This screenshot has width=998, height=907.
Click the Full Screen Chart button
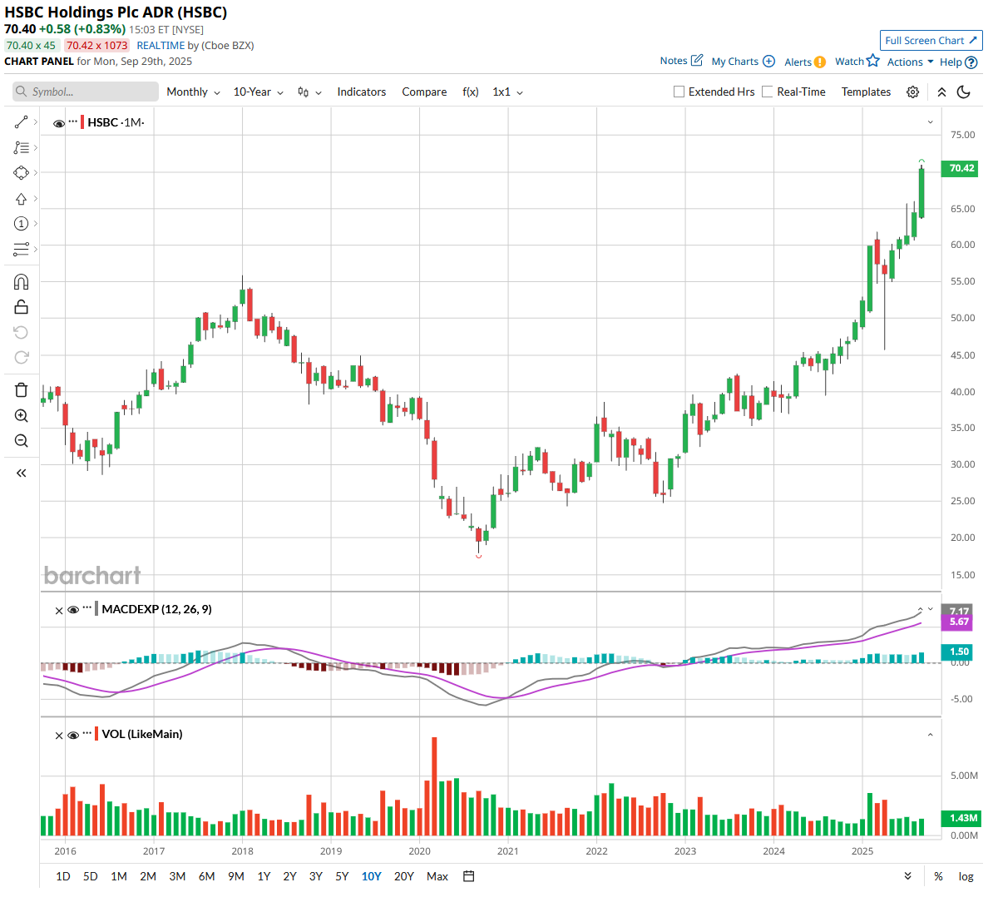(x=931, y=40)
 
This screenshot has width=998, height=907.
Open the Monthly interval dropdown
(x=193, y=92)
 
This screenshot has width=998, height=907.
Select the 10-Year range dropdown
(x=258, y=92)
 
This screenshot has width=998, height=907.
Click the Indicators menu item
(x=361, y=92)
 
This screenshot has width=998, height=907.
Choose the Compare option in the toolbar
(x=424, y=92)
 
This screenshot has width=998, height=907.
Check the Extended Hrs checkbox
(x=679, y=92)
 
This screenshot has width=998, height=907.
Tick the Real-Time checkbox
(x=768, y=92)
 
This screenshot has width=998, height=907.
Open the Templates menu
(x=866, y=92)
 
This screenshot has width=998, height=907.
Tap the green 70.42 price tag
(x=961, y=168)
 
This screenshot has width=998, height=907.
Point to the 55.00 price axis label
(x=962, y=281)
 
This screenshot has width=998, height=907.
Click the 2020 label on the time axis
(x=419, y=851)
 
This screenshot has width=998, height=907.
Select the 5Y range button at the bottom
(x=342, y=876)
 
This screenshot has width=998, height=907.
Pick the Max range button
(x=437, y=876)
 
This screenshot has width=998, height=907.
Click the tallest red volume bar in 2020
(x=434, y=786)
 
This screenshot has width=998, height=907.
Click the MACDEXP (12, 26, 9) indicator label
(x=156, y=609)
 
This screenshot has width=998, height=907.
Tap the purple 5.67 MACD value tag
(x=959, y=622)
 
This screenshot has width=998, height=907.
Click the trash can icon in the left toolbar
(x=22, y=390)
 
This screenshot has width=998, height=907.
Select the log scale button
(x=966, y=876)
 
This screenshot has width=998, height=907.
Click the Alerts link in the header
(x=798, y=62)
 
